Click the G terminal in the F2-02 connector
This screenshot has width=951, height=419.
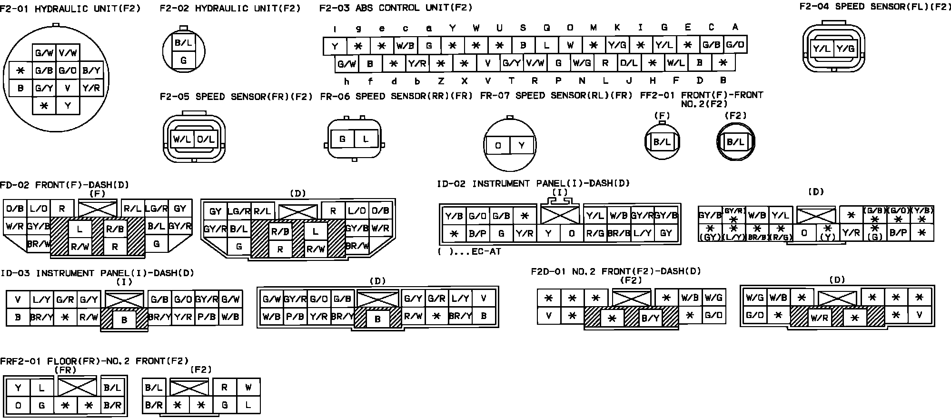(184, 60)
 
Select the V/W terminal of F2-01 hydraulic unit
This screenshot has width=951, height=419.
(68, 53)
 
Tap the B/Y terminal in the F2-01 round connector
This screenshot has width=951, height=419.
(91, 71)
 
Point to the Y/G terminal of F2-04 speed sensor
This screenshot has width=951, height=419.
(845, 49)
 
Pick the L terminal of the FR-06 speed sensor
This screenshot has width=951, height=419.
(366, 139)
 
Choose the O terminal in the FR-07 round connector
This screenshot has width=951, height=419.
(498, 146)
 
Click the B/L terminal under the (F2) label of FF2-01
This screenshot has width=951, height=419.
(735, 142)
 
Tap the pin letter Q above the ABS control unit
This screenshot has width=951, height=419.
(546, 28)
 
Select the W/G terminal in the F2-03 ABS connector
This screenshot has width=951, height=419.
(582, 63)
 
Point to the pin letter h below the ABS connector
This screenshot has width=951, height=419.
(347, 81)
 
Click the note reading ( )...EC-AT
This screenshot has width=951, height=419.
(469, 252)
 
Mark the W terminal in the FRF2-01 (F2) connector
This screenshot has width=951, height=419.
(248, 387)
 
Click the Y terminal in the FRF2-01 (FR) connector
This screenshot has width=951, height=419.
(18, 388)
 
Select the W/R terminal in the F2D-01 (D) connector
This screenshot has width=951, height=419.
(820, 318)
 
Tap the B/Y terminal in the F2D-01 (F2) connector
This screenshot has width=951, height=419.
(650, 318)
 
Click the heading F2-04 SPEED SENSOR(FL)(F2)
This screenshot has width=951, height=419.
(875, 6)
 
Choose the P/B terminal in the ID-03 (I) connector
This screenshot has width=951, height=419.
(207, 317)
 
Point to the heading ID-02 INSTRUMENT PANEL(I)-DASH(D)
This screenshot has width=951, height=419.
(533, 183)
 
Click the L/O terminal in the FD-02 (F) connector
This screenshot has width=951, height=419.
(38, 209)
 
